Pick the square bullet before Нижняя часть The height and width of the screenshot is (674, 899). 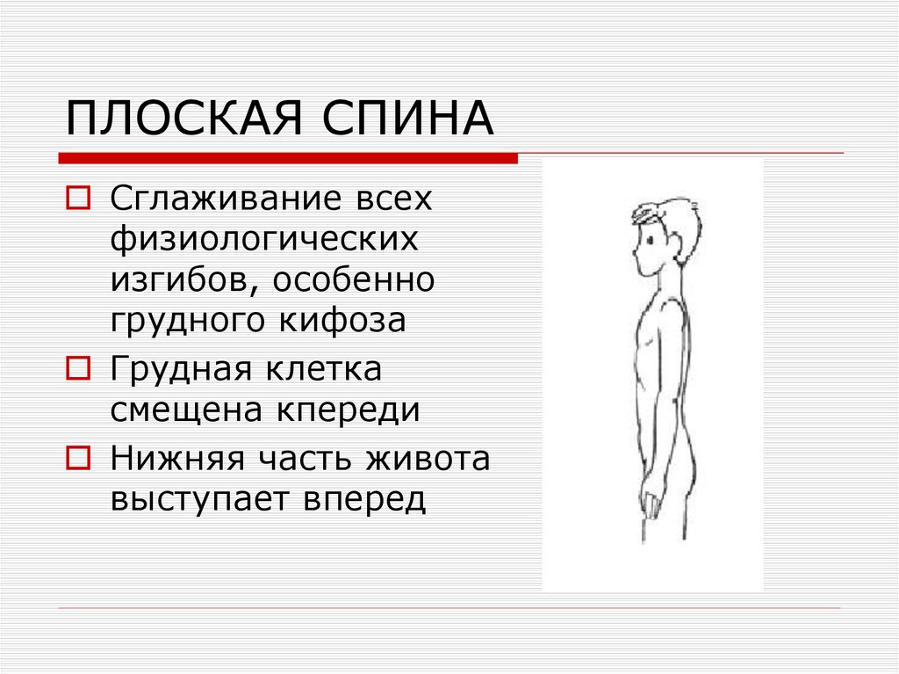pos(77,458)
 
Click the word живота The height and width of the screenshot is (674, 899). pos(420,458)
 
